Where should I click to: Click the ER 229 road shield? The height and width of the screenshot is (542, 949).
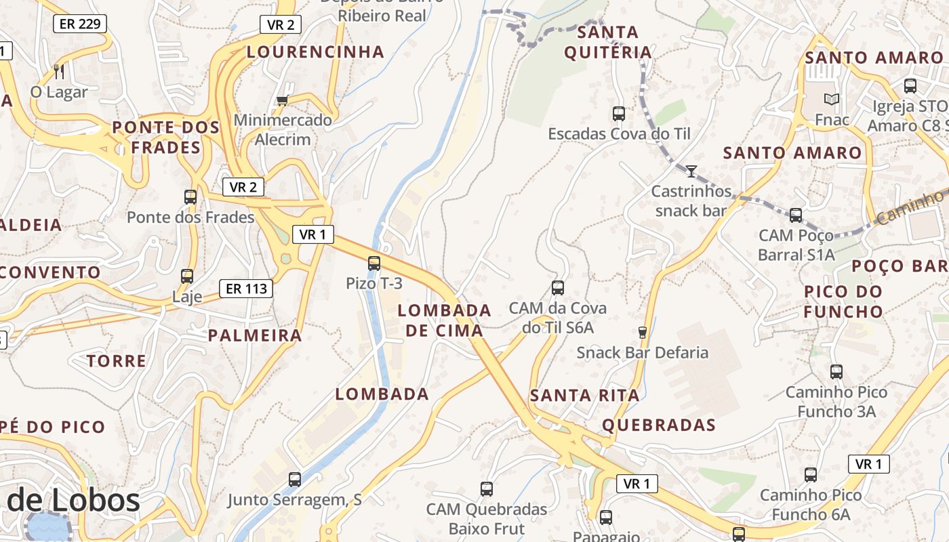pos(80,24)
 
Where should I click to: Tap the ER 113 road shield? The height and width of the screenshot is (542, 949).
pos(246,289)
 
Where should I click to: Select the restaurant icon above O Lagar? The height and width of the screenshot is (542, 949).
pos(59,71)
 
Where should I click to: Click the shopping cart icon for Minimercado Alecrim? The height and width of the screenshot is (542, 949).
pos(282,100)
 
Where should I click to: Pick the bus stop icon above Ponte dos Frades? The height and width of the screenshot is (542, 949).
pos(190,197)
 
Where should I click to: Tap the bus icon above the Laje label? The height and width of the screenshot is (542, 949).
pos(186,276)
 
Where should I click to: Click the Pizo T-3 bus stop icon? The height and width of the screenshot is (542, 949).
pos(373,264)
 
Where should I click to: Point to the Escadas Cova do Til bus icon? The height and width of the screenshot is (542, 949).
pos(618,113)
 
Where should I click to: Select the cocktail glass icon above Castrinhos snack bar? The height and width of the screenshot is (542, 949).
pos(691,171)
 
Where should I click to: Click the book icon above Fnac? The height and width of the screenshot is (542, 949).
pos(832,100)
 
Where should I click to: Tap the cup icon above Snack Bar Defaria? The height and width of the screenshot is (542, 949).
pos(642,332)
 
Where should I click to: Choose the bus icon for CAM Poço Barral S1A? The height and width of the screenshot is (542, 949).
pos(795,215)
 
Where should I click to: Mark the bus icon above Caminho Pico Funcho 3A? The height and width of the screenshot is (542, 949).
pos(836,371)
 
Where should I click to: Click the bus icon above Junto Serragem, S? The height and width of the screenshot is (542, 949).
pos(294,479)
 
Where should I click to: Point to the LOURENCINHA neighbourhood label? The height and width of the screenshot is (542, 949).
pos(315,51)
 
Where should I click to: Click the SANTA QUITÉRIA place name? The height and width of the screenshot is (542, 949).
pos(607,42)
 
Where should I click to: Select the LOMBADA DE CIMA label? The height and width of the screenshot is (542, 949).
pos(444,320)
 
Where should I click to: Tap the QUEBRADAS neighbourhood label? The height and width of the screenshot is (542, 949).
pos(659,425)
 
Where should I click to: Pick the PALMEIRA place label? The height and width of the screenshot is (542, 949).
pos(255,335)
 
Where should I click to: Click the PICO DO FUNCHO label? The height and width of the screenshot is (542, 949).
pos(843,301)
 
